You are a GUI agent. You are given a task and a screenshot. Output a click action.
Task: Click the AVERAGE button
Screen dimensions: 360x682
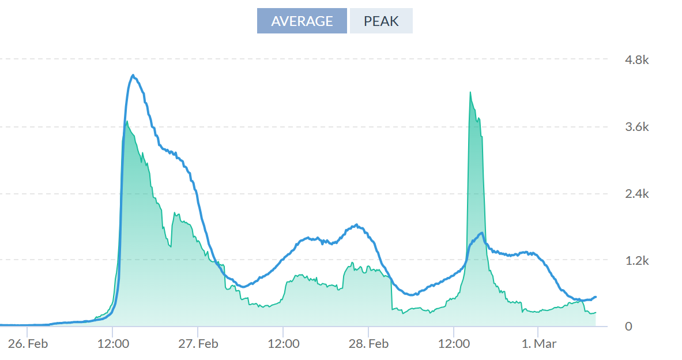302,21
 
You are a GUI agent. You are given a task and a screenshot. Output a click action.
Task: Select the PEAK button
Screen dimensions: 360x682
381,21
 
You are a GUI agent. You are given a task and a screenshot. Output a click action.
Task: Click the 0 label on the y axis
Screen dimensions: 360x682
630,327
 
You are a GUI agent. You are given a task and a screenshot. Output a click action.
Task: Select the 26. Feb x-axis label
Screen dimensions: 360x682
27,344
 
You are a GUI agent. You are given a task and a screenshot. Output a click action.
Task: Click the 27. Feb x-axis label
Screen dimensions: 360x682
198,344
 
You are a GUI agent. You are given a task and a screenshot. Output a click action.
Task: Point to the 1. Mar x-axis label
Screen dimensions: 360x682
538,344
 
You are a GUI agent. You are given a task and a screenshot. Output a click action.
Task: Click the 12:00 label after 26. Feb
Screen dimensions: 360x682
112,344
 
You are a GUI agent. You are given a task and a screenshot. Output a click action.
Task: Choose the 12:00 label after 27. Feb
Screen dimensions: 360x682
283,344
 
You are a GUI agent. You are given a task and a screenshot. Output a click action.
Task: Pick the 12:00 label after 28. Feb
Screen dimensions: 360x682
454,344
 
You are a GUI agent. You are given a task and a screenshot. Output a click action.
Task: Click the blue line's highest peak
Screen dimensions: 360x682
133,75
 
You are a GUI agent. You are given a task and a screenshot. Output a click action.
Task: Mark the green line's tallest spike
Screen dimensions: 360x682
470,92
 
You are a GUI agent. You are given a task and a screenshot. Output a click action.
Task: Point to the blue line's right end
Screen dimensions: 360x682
596,297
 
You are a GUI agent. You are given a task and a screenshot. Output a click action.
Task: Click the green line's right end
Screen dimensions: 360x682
596,312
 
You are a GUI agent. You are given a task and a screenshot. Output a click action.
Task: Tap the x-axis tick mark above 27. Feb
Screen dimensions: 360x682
198,329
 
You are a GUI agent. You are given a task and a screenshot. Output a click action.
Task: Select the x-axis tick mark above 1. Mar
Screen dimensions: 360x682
538,329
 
